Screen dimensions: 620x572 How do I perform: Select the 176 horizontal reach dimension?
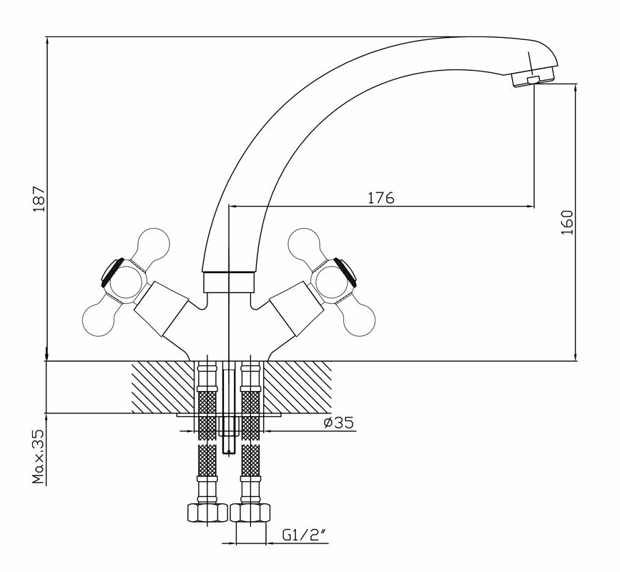381,198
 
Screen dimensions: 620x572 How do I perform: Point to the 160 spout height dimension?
567,223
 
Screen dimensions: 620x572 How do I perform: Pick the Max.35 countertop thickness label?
39,458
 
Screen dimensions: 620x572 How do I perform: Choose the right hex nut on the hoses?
250,513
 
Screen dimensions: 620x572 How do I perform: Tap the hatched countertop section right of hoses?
297,386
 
